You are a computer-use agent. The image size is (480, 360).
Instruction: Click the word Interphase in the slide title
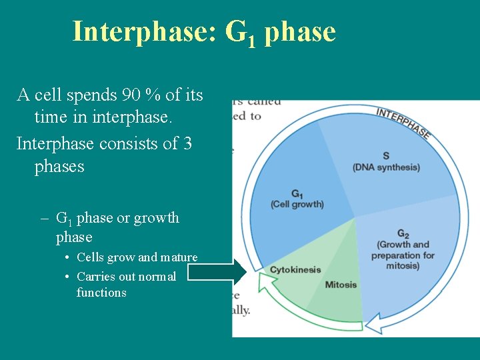[144, 31]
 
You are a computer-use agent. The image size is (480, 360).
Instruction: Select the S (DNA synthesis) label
[386, 161]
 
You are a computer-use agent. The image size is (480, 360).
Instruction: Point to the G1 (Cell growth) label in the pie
[297, 199]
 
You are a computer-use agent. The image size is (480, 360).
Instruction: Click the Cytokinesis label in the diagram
[295, 270]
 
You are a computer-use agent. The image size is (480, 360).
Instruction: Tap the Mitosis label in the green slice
[341, 285]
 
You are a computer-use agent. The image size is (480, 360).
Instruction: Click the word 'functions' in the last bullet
[101, 293]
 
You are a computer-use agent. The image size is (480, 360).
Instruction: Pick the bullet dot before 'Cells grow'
[69, 258]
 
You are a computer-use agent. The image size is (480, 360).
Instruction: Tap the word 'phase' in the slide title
[300, 31]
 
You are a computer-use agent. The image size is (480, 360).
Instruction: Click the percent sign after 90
[153, 95]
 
